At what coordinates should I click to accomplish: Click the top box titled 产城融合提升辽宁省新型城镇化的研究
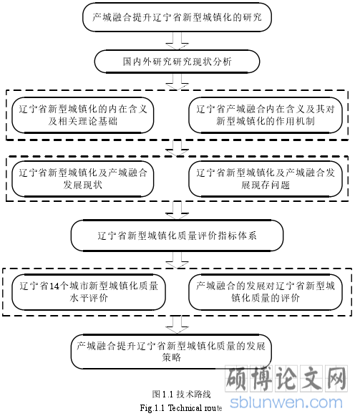pyautogui.click(x=177, y=17)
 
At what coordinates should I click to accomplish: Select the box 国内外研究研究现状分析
pyautogui.click(x=177, y=62)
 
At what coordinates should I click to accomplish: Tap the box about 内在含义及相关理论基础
pyautogui.click(x=83, y=115)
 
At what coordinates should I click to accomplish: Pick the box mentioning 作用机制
pyautogui.click(x=266, y=115)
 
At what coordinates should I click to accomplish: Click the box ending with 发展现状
pyautogui.click(x=83, y=179)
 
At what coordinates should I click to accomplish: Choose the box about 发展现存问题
pyautogui.click(x=266, y=179)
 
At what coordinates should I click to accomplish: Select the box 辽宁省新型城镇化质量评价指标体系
pyautogui.click(x=177, y=236)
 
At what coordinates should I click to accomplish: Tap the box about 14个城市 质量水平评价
pyautogui.click(x=89, y=292)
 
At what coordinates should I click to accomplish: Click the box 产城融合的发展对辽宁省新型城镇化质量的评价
pyautogui.click(x=266, y=292)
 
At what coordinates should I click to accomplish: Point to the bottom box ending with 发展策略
pyautogui.click(x=171, y=352)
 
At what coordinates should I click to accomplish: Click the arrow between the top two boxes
pyautogui.click(x=177, y=41)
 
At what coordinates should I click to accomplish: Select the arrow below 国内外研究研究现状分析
pyautogui.click(x=177, y=82)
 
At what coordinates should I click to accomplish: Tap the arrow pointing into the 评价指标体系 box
pyautogui.click(x=177, y=211)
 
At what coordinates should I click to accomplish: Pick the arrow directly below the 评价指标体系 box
pyautogui.click(x=177, y=260)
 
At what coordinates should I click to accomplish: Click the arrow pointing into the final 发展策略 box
pyautogui.click(x=177, y=325)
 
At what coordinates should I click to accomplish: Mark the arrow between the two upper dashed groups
pyautogui.click(x=177, y=148)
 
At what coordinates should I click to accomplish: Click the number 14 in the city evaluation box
pyautogui.click(x=54, y=286)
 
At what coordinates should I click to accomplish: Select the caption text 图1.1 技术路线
pyautogui.click(x=182, y=395)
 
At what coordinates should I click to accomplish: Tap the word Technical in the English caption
pyautogui.click(x=183, y=408)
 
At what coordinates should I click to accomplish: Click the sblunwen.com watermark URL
pyautogui.click(x=286, y=402)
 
